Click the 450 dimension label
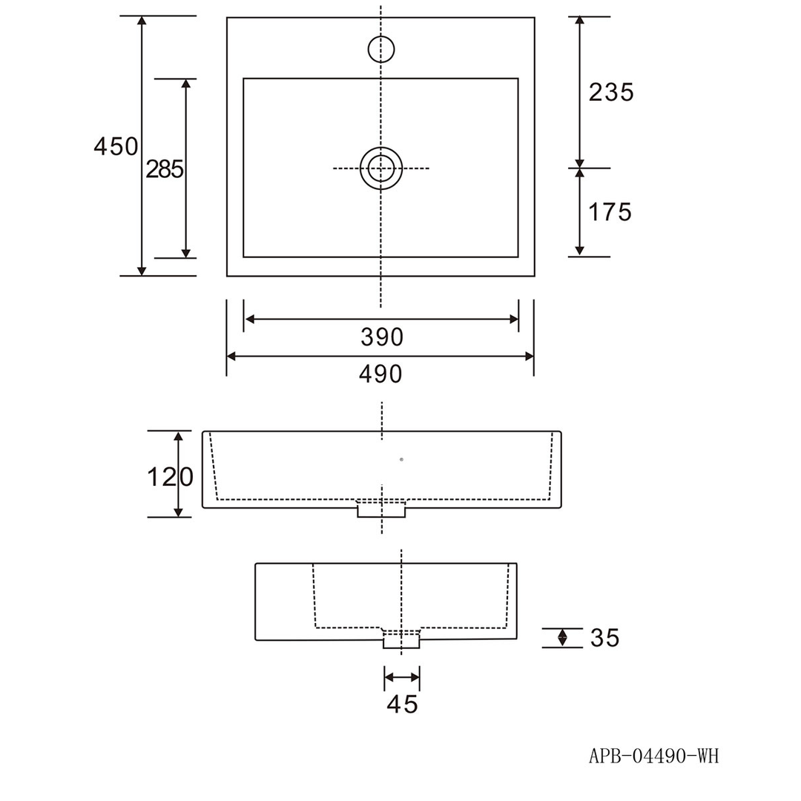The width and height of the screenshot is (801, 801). (116, 147)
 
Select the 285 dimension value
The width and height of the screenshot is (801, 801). (165, 169)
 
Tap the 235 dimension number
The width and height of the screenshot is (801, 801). (611, 93)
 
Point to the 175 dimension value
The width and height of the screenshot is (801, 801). (610, 212)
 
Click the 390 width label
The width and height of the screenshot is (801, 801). (382, 337)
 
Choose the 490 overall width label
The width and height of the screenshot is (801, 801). (380, 374)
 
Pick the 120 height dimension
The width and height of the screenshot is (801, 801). (170, 477)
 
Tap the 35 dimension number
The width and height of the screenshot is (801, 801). (605, 638)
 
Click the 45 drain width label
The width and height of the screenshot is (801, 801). (403, 704)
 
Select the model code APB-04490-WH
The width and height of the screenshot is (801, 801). (654, 756)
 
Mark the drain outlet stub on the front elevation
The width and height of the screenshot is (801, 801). (381, 510)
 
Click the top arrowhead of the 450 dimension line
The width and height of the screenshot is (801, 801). (142, 21)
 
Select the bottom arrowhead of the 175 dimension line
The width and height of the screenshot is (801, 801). (579, 251)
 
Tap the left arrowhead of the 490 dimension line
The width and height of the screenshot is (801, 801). (231, 356)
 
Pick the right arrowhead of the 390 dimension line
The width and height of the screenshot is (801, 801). (514, 319)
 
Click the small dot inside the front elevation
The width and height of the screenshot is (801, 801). (401, 460)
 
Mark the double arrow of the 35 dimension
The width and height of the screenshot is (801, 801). (562, 638)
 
